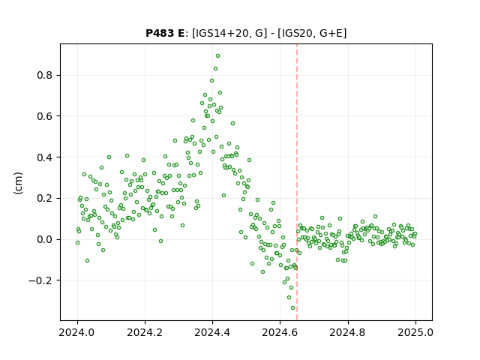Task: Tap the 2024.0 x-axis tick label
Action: [x=77, y=332]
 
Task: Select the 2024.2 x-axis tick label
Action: [x=145, y=332]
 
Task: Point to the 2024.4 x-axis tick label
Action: [x=212, y=332]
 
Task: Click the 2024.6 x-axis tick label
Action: [x=280, y=332]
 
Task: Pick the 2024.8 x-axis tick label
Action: [x=347, y=332]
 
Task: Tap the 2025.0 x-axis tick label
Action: [x=415, y=332]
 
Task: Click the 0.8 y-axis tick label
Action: [x=44, y=75]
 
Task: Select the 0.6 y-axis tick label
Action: [x=44, y=116]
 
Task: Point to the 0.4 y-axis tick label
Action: [x=44, y=157]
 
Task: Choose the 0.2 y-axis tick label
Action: [x=44, y=198]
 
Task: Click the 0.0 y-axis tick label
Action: [x=44, y=239]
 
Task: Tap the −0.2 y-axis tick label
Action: [x=40, y=280]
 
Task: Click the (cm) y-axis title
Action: [x=18, y=183]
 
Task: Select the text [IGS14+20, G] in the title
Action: [x=227, y=33]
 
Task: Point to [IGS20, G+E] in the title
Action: [x=312, y=33]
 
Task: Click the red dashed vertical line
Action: [x=297, y=182]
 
